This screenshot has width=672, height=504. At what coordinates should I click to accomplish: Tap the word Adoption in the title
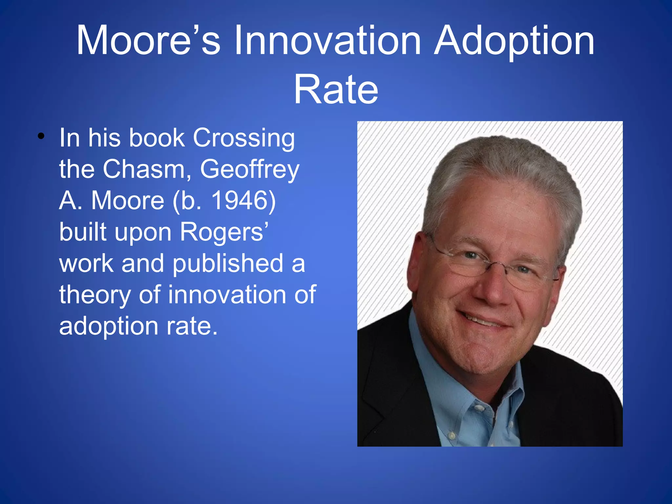click(x=514, y=41)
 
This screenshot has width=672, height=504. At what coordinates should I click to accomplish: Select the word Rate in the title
click(x=336, y=89)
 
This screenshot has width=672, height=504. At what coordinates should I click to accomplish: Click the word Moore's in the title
click(x=148, y=41)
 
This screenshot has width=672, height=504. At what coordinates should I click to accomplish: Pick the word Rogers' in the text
click(x=224, y=232)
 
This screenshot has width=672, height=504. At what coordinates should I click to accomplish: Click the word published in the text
click(x=228, y=263)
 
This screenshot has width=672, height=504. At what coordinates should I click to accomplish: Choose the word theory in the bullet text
click(x=94, y=295)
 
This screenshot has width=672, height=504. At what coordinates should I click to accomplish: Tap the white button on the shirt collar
click(x=479, y=409)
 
